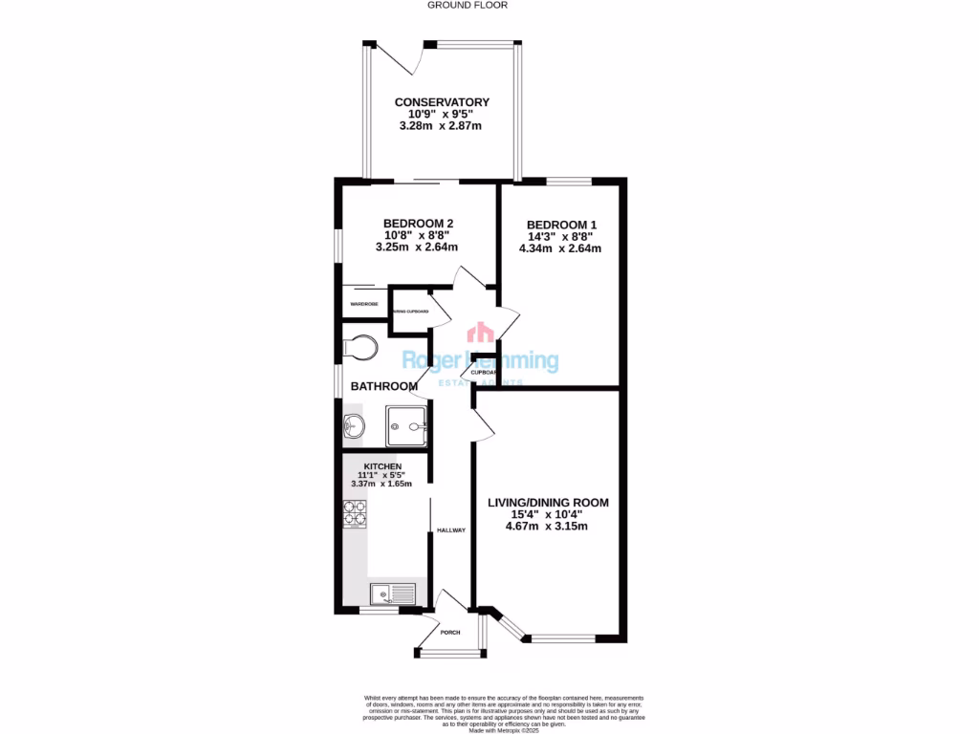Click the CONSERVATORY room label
click(x=442, y=102)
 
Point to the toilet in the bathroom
click(x=362, y=346)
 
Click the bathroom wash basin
click(x=353, y=427)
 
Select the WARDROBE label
click(x=363, y=304)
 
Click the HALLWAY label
click(x=451, y=530)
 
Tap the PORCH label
click(x=450, y=632)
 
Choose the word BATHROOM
click(x=384, y=386)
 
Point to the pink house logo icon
click(x=479, y=333)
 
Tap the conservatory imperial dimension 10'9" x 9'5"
click(x=442, y=114)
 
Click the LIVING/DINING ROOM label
click(x=548, y=502)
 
